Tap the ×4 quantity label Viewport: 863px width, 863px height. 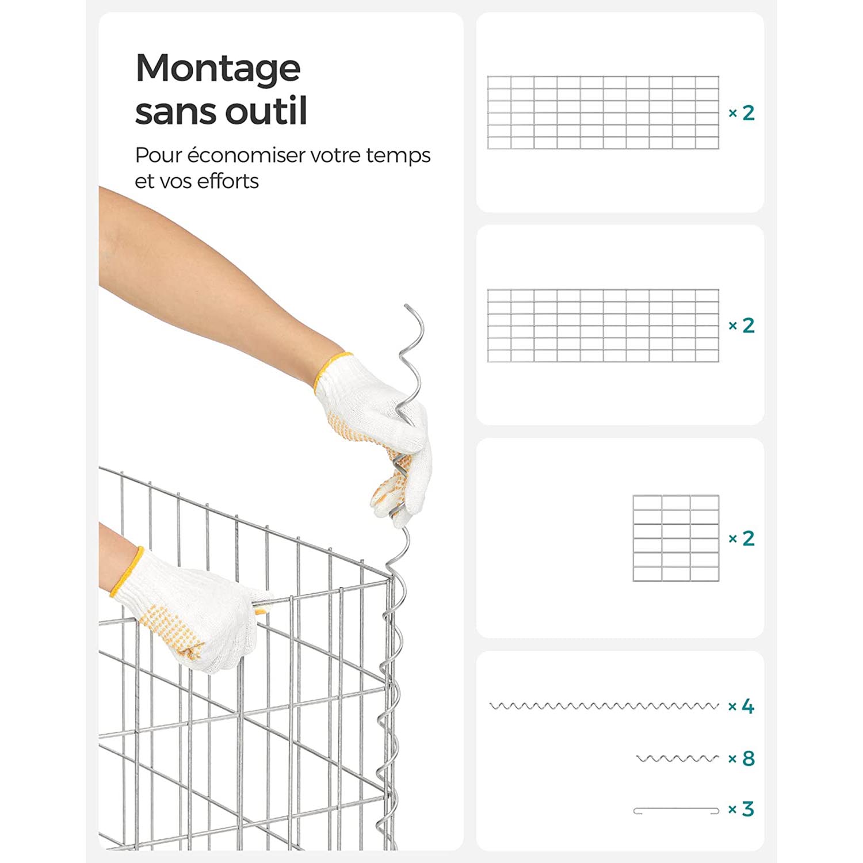point(741,706)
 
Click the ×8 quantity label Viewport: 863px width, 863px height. point(741,758)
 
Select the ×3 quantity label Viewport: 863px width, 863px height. point(741,809)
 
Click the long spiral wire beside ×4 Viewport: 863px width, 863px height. point(604,706)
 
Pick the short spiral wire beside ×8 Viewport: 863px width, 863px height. point(678,758)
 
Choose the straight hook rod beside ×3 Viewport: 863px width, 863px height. point(676,811)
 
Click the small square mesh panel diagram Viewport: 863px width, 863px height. point(676,538)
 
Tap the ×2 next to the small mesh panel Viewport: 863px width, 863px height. point(741,538)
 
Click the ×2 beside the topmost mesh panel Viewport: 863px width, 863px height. point(741,113)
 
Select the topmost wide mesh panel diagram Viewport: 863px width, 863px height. point(603,113)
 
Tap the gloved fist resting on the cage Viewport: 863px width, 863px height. point(190,610)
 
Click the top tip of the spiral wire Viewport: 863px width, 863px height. point(406,306)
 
